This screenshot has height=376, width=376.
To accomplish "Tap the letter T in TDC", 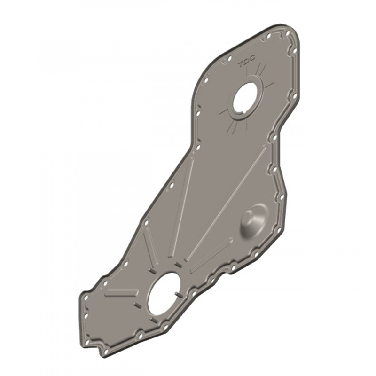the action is [241, 64].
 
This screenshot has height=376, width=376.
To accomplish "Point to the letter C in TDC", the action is [252, 58].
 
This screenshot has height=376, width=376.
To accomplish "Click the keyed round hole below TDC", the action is [245, 98].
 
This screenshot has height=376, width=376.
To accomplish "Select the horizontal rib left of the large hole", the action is [122, 293].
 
